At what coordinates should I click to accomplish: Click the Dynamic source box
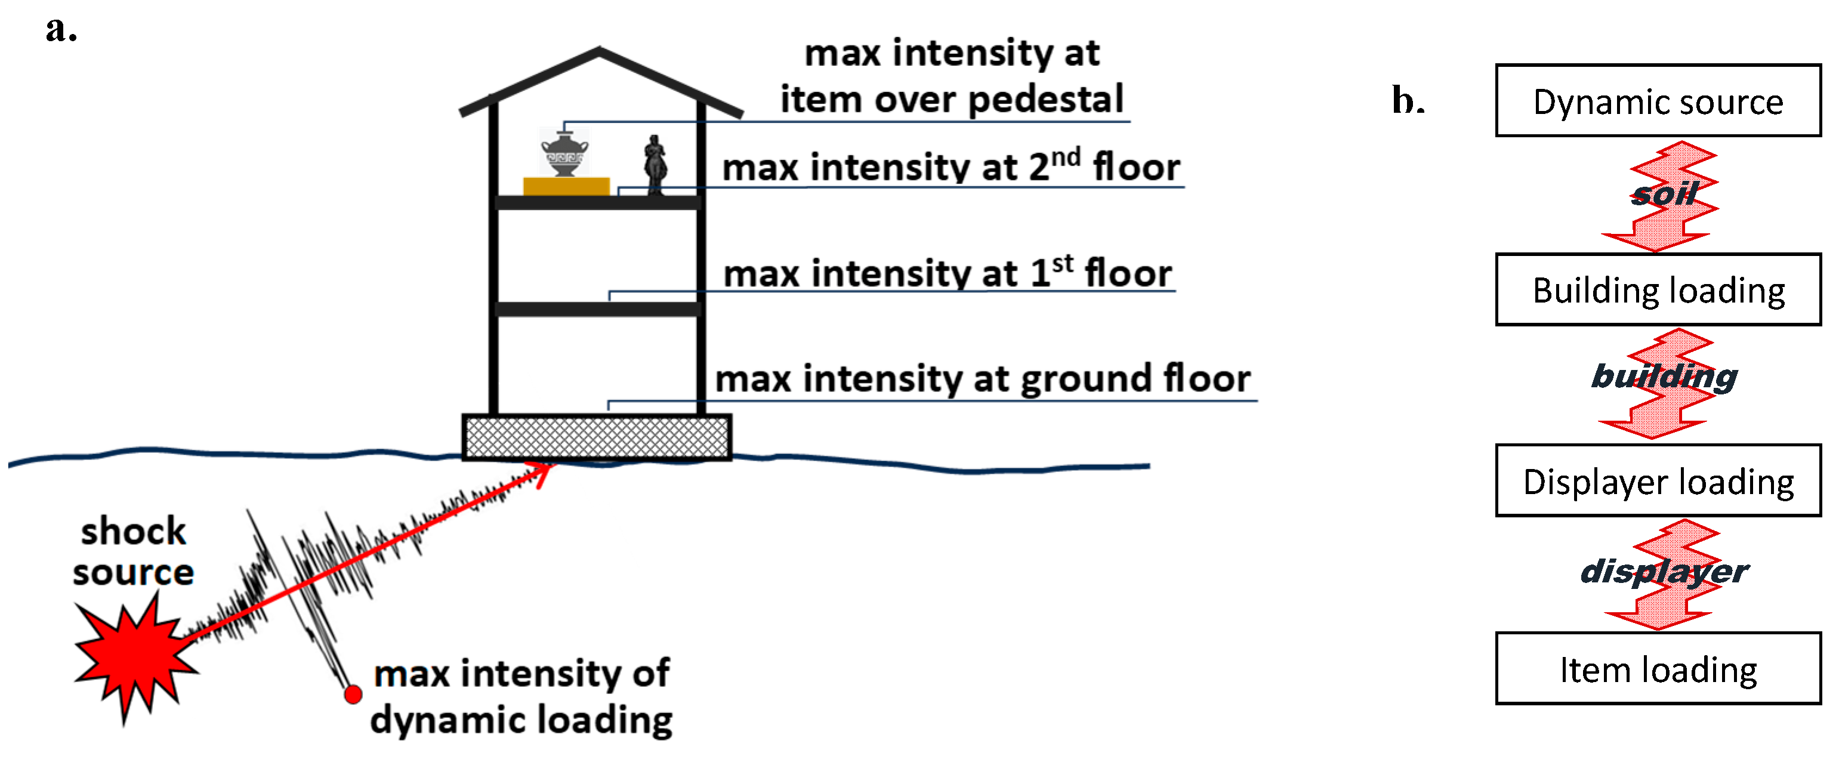click(x=1658, y=101)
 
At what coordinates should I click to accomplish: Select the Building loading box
click(x=1658, y=290)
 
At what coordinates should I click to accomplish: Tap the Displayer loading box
click(x=1658, y=480)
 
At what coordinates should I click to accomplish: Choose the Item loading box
click(x=1658, y=669)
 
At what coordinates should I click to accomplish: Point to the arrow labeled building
click(x=1664, y=382)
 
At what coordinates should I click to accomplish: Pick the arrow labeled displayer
click(x=1664, y=573)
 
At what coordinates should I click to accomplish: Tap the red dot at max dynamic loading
click(x=353, y=694)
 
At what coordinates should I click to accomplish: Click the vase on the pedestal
click(x=564, y=153)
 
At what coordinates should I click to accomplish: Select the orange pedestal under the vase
click(x=566, y=186)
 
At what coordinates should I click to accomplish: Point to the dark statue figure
click(x=655, y=165)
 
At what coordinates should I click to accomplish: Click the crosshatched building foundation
click(x=596, y=437)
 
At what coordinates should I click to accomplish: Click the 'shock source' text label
click(x=134, y=551)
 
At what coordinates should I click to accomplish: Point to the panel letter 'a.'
click(x=61, y=30)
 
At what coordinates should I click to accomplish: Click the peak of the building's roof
click(x=599, y=50)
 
